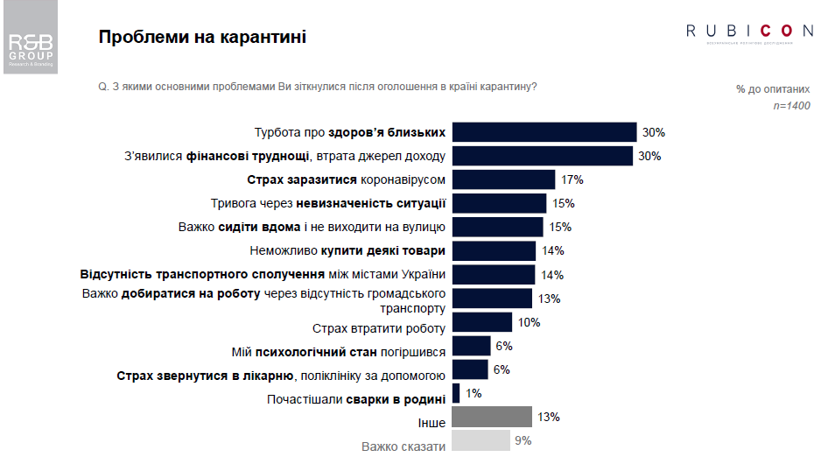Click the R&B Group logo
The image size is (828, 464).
pyautogui.click(x=31, y=49)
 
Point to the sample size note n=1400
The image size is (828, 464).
pyautogui.click(x=791, y=106)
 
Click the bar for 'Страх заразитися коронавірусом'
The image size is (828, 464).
pyautogui.click(x=504, y=179)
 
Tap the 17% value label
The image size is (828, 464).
pyautogui.click(x=572, y=180)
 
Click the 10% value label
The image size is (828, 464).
pyautogui.click(x=529, y=322)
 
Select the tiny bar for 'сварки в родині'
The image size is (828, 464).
pyautogui.click(x=456, y=392)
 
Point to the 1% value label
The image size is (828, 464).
pyautogui.click(x=474, y=393)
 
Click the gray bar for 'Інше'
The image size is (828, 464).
pyautogui.click(x=493, y=416)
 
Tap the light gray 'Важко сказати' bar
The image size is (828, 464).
pyautogui.click(x=481, y=439)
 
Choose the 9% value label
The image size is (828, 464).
pyautogui.click(x=523, y=440)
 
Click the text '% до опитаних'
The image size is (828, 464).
pyautogui.click(x=773, y=89)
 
